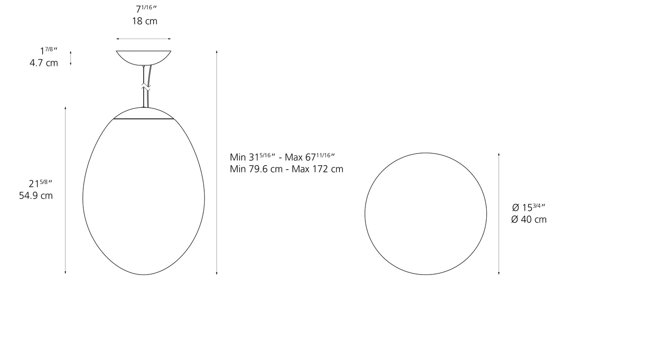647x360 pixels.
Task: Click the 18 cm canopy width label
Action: pos(145,21)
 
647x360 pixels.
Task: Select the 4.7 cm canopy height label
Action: pos(44,63)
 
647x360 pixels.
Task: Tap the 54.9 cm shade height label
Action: pos(36,196)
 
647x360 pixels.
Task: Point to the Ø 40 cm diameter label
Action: pos(529,219)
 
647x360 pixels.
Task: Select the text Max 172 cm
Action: pos(317,169)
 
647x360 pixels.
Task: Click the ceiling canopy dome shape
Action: pos(144,57)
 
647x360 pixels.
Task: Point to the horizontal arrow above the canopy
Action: pos(144,39)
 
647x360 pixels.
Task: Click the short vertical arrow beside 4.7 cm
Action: pos(71,58)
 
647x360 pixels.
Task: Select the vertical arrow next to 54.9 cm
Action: pos(65,190)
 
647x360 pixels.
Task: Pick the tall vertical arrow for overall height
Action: pos(217,163)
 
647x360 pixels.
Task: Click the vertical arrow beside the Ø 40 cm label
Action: pos(499,214)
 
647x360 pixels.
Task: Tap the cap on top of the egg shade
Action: pos(144,113)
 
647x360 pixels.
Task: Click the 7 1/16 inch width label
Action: pos(147,9)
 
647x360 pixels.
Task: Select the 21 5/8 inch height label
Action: pos(41,183)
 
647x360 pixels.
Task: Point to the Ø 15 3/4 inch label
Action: pos(528,207)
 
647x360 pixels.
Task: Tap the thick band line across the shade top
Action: pos(144,119)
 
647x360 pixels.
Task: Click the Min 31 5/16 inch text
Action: pos(253,157)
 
